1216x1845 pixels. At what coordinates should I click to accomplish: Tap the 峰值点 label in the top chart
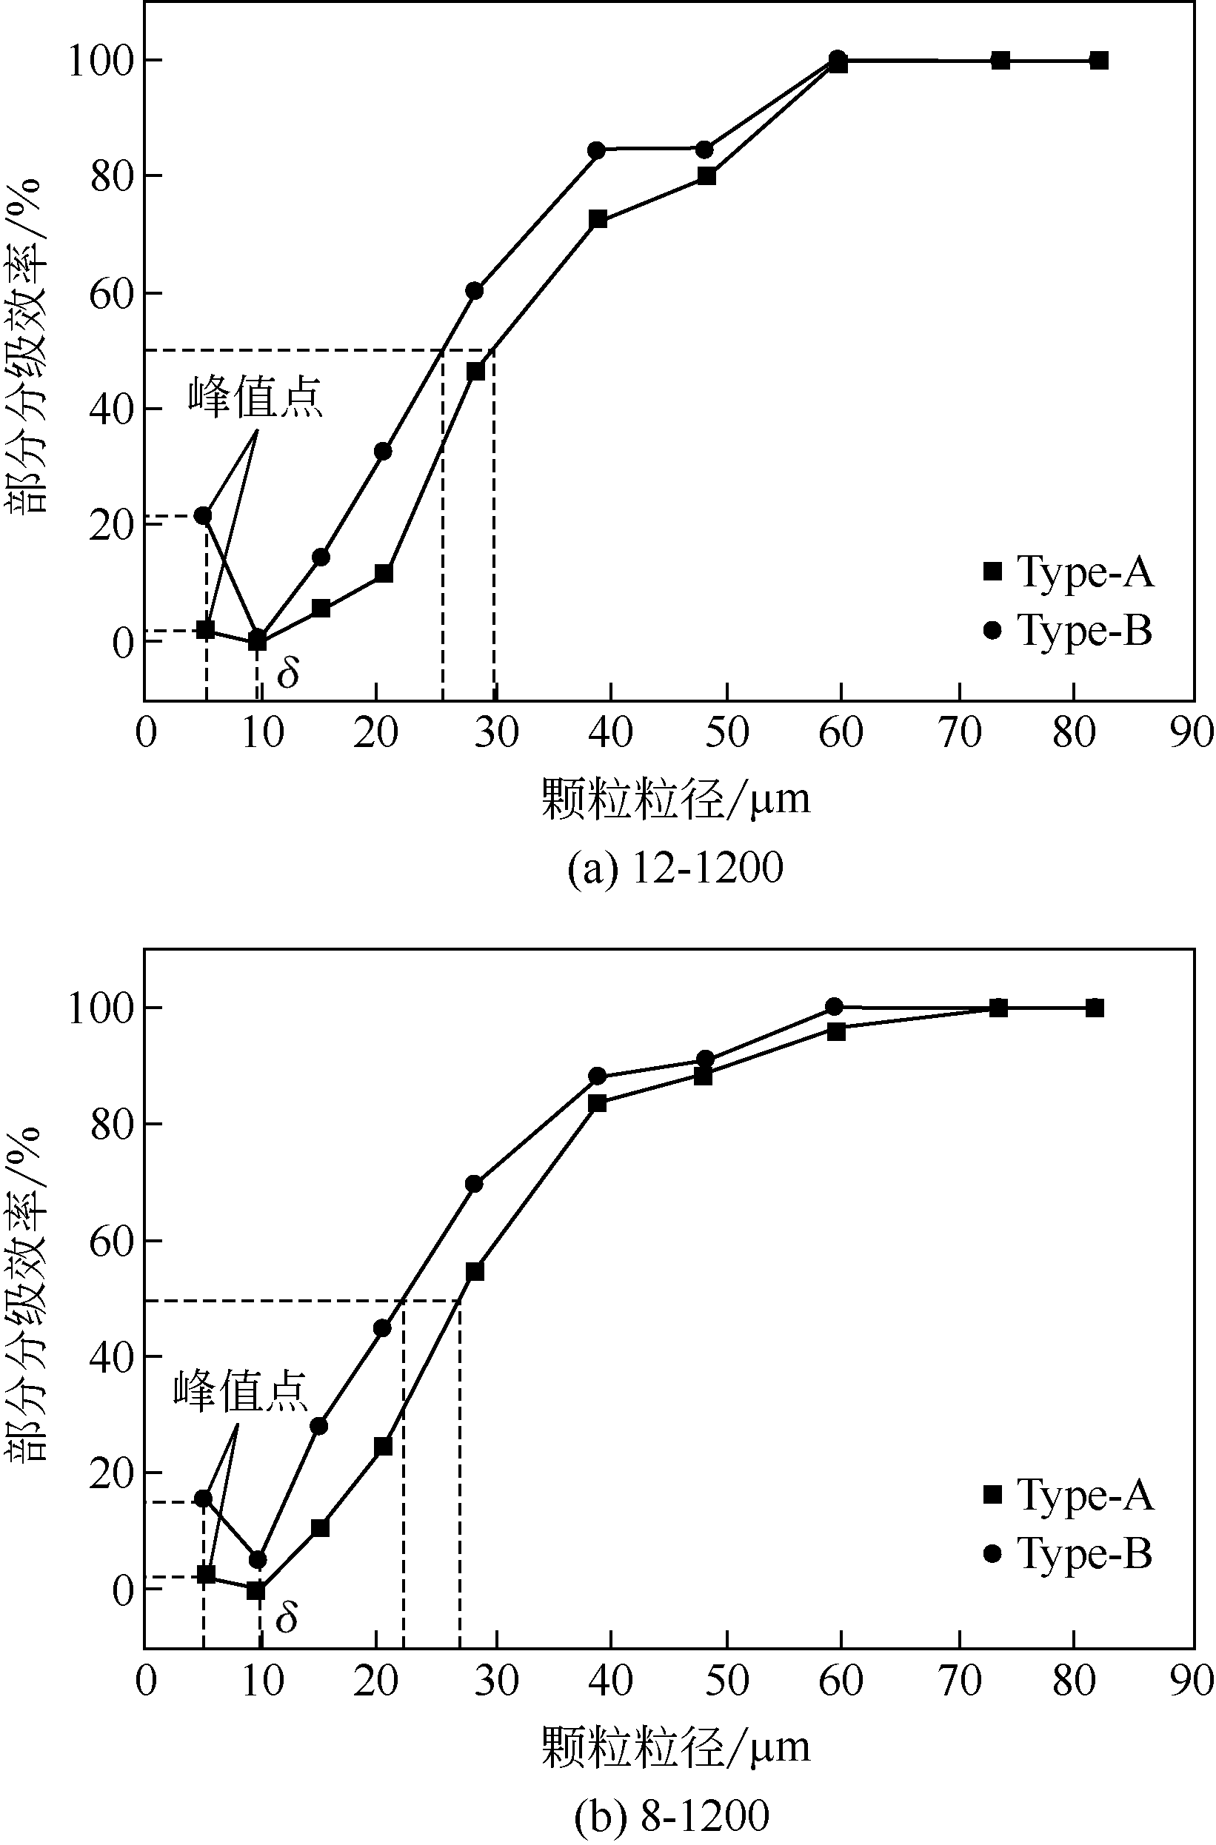255,398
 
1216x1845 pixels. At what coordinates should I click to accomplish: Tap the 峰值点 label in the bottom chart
241,1390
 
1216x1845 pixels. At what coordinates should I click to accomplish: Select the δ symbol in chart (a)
288,673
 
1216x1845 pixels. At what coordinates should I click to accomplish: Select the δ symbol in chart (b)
286,1618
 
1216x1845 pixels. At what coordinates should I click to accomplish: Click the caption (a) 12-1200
675,868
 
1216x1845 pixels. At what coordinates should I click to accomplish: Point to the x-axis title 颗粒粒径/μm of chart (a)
675,797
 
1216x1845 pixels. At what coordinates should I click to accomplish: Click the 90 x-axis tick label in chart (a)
1191,732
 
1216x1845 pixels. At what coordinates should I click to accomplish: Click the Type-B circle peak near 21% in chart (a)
203,515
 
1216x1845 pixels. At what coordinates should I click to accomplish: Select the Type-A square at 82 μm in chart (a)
1099,61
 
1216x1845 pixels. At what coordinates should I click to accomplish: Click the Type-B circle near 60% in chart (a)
475,291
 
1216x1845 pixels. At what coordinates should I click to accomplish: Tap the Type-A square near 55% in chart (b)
475,1271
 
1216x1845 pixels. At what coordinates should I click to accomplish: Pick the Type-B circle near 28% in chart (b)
318,1426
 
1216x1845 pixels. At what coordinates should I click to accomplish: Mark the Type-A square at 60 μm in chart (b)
836,1031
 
